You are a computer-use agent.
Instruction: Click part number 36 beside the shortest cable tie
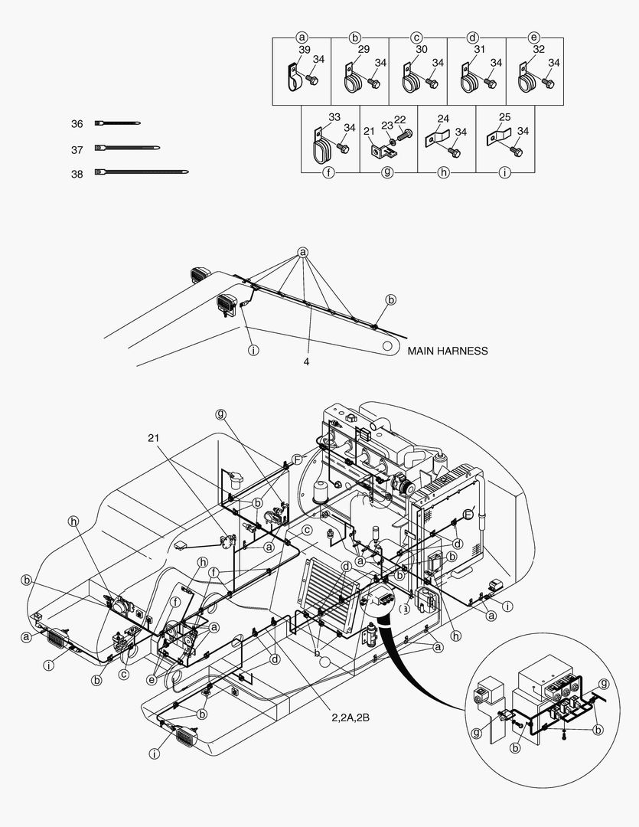coord(77,124)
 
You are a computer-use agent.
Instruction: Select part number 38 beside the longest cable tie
coord(77,174)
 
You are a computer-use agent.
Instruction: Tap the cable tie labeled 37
coord(127,149)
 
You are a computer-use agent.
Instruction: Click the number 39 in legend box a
coord(305,50)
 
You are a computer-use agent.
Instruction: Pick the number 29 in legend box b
coord(364,50)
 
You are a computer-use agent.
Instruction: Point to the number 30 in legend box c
coord(421,50)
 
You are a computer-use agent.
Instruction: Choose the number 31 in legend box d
coord(479,50)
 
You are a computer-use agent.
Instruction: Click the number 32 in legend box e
coord(538,50)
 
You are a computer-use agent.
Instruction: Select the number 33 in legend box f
coord(334,117)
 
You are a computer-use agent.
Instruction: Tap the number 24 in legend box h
coord(443,119)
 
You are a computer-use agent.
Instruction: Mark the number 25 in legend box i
coord(504,117)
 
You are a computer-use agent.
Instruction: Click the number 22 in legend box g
coord(399,120)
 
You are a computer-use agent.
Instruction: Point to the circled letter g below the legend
coord(387,172)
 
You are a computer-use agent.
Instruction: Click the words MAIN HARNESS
coord(448,351)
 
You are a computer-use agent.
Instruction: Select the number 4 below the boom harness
coord(306,361)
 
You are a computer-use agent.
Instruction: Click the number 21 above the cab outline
coord(153,438)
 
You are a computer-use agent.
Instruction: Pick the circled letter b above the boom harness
coord(391,300)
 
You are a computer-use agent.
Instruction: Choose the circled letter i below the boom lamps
coord(253,350)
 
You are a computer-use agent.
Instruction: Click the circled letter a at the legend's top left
coord(302,38)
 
